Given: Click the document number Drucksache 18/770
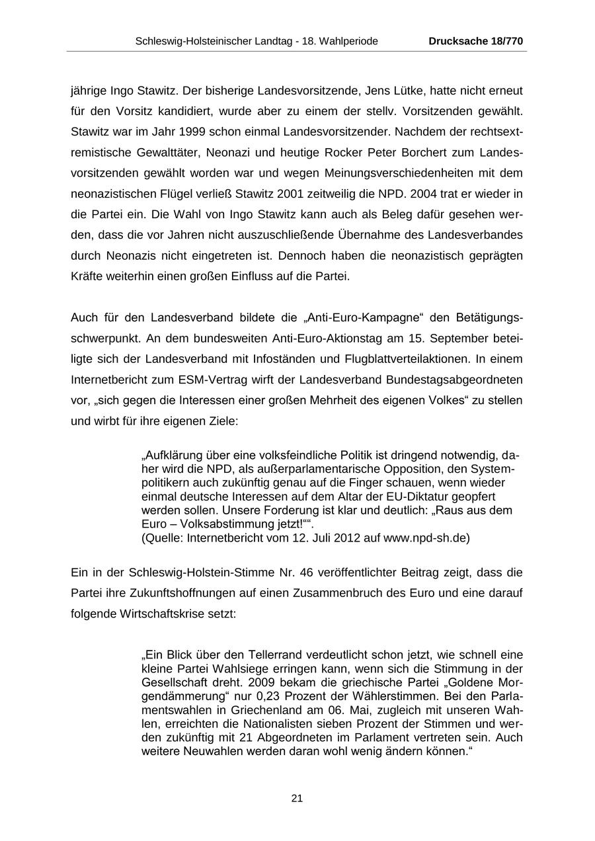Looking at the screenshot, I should click(475, 41).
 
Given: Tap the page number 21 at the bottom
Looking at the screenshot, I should click(297, 798).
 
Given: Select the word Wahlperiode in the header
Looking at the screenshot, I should click(350, 41).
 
